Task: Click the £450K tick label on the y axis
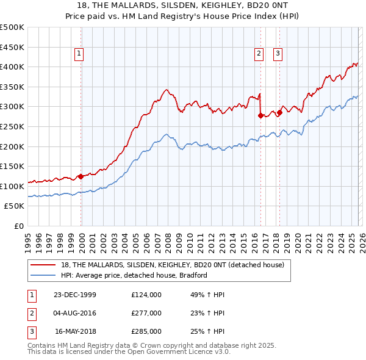pos(12,47)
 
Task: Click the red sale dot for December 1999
pos(81,176)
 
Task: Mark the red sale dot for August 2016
pos(260,115)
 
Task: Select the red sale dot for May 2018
pos(279,112)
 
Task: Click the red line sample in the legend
pos(43,265)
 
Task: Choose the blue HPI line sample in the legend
pos(43,275)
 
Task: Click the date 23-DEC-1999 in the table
pos(75,295)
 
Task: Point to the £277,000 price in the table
pos(146,313)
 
